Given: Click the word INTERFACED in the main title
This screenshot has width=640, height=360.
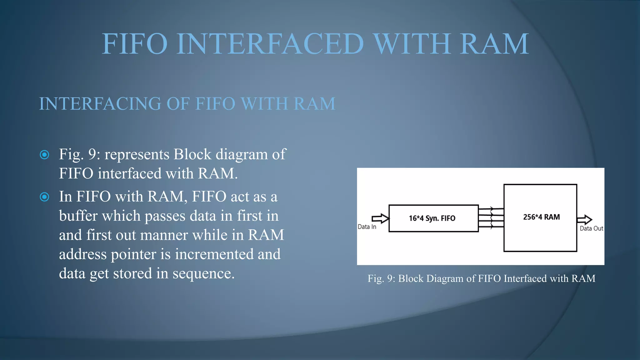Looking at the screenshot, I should click(x=270, y=44).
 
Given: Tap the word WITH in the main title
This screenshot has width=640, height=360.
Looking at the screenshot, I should click(x=412, y=44).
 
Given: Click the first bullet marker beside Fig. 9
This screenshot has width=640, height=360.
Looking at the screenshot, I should click(x=45, y=155).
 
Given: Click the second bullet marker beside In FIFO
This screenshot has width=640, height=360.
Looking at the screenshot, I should click(x=45, y=197).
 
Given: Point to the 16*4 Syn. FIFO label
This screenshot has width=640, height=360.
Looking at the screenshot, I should click(x=432, y=218).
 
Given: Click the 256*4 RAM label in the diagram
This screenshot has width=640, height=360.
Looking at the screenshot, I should click(x=541, y=217).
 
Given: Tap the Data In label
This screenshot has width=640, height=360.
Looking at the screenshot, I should click(x=367, y=227).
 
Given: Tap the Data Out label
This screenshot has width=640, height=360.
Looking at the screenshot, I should click(x=591, y=228).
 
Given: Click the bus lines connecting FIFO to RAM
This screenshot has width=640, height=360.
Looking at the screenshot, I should click(x=491, y=218).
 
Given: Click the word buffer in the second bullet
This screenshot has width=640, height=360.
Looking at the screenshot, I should click(x=78, y=216).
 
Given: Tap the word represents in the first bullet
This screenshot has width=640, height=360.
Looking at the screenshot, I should click(x=137, y=155).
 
